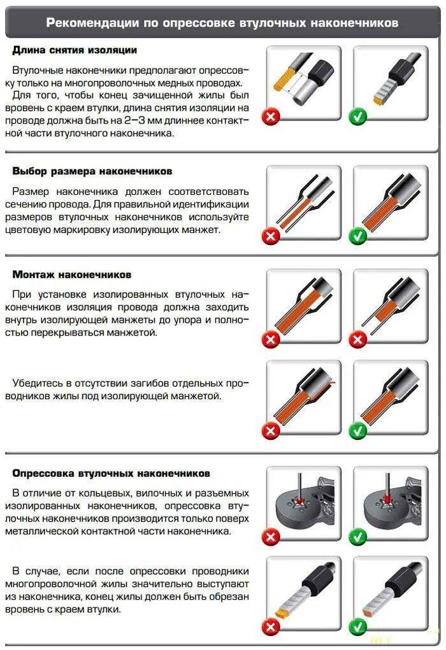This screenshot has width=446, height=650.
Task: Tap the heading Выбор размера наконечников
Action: [x=92, y=171]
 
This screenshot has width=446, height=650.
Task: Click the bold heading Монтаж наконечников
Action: [x=71, y=274]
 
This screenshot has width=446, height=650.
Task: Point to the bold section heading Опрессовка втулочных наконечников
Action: [x=111, y=474]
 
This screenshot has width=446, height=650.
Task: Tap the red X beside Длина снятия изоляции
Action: [x=271, y=117]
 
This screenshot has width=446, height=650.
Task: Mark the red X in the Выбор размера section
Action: [x=271, y=236]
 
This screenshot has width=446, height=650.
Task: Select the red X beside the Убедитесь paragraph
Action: [x=271, y=431]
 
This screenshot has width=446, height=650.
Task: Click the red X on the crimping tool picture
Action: [x=271, y=537]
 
